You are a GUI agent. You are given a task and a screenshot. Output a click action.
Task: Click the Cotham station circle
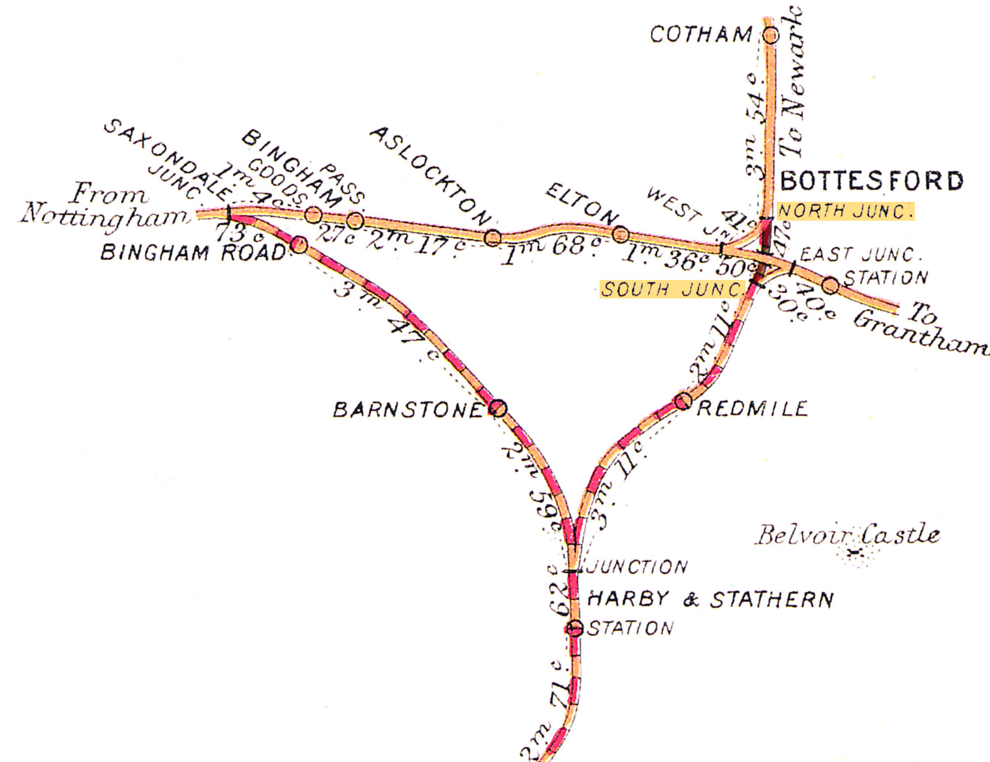click(x=770, y=35)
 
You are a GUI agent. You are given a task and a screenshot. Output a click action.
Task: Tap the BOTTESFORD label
click(x=872, y=181)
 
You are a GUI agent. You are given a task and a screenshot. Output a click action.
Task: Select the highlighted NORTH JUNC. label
click(x=845, y=211)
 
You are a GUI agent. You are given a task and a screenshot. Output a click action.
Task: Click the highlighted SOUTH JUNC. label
click(x=672, y=289)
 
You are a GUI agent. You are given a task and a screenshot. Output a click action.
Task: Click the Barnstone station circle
click(x=499, y=408)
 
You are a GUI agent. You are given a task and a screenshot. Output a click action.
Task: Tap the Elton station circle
click(x=621, y=234)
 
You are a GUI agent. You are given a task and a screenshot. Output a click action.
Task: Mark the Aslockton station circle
click(x=492, y=238)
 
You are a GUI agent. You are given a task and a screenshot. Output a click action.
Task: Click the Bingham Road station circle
click(x=299, y=244)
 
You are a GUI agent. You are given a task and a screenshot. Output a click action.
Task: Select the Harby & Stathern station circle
click(x=574, y=628)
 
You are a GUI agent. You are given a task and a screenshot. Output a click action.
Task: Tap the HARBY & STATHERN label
click(x=710, y=600)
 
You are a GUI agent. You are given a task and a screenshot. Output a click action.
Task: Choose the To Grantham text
click(x=920, y=329)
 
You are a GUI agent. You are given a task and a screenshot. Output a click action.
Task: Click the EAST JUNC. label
click(x=861, y=255)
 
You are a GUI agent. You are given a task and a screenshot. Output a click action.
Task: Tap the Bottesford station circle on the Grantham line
click(x=830, y=285)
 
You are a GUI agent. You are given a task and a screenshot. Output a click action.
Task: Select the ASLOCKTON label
click(x=430, y=176)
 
